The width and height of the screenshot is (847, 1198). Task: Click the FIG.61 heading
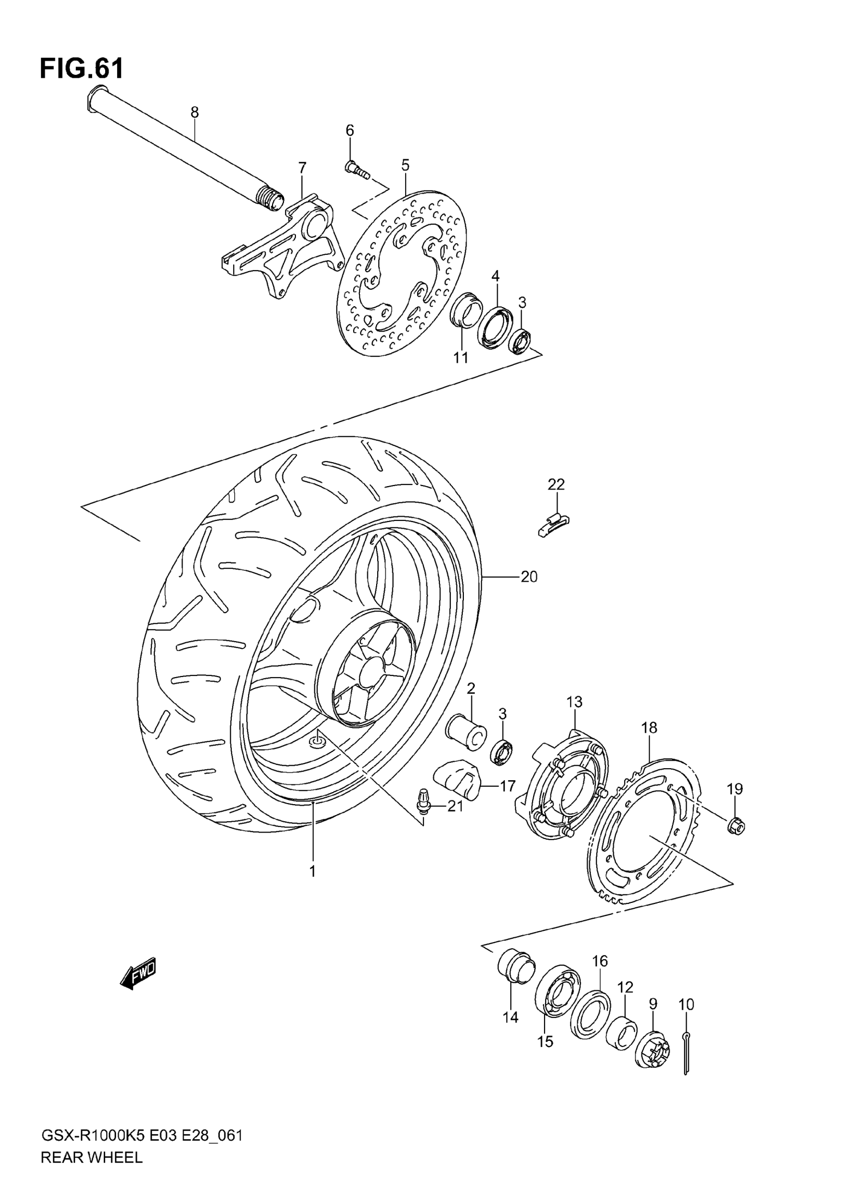[x=82, y=68]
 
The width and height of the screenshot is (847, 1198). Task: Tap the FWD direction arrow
[x=138, y=973]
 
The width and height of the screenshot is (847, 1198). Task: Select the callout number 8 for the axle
[x=194, y=112]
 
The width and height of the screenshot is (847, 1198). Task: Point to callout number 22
[x=556, y=484]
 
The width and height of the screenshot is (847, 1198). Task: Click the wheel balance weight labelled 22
[x=553, y=524]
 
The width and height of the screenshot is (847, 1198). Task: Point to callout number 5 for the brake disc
[x=405, y=166]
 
